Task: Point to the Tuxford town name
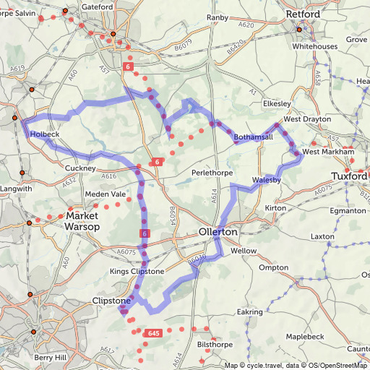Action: click(x=350, y=176)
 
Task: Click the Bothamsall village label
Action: click(x=254, y=137)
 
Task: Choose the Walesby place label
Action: click(x=267, y=179)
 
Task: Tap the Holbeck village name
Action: click(x=45, y=134)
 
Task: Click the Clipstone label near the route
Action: click(x=111, y=301)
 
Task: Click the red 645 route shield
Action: click(x=152, y=333)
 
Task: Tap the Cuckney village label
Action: click(x=80, y=168)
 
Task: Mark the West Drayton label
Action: click(x=307, y=119)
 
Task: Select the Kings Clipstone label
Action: click(x=137, y=272)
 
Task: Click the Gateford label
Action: click(x=98, y=7)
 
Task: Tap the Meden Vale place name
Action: click(x=106, y=194)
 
